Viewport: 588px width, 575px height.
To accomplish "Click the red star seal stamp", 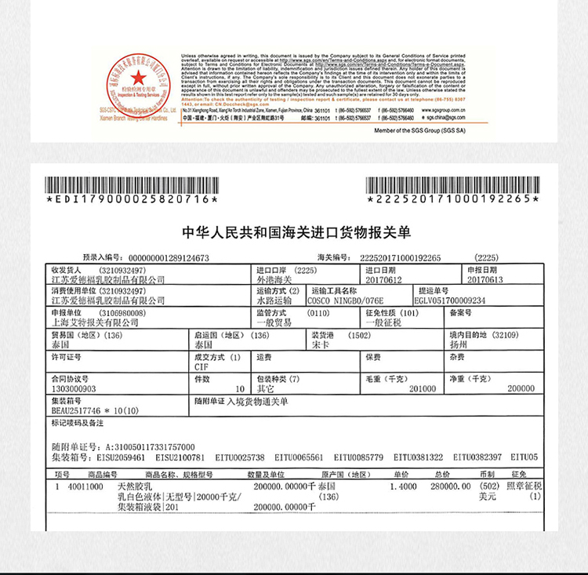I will pyautogui.click(x=137, y=78).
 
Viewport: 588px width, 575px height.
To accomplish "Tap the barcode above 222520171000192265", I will pyautogui.click(x=453, y=185).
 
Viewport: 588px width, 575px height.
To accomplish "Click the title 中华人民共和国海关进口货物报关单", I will pyautogui.click(x=296, y=232).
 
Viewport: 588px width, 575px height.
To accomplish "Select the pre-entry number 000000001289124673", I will pyautogui.click(x=168, y=257).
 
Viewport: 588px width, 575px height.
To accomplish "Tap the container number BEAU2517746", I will pyautogui.click(x=79, y=410).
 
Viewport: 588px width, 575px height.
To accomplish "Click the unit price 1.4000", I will pyautogui.click(x=403, y=486).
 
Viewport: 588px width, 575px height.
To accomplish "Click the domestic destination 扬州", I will pyautogui.click(x=478, y=344).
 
